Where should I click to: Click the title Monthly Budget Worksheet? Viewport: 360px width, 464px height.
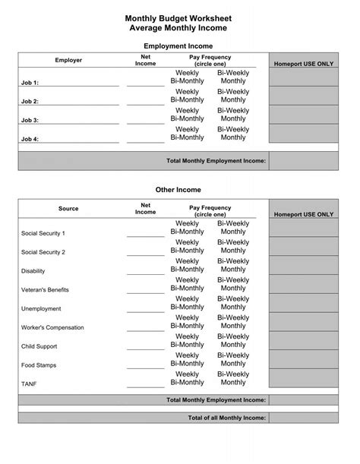tap(178, 17)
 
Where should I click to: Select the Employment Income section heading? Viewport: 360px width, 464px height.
tap(178, 46)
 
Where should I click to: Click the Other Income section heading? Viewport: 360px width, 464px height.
tap(178, 190)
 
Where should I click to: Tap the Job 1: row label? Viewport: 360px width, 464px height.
tap(30, 83)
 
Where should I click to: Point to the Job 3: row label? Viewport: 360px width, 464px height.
tap(30, 120)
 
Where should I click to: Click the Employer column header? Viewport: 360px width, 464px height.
tap(68, 61)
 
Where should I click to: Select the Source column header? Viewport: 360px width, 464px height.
tap(68, 208)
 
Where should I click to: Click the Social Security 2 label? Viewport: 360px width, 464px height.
tap(43, 252)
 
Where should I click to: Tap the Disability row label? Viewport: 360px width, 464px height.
tap(33, 271)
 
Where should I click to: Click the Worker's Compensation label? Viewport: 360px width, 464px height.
tap(52, 327)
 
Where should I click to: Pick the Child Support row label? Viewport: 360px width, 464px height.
tap(39, 346)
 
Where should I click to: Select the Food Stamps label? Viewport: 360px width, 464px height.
tap(38, 365)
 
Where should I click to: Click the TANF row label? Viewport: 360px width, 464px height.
tap(29, 384)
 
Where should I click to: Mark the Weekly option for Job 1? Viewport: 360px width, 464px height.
tap(187, 72)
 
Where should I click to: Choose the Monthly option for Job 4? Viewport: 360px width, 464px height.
tap(233, 137)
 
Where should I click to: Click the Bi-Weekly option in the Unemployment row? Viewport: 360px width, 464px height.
tap(233, 299)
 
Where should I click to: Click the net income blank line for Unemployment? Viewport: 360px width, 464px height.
tap(145, 310)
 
